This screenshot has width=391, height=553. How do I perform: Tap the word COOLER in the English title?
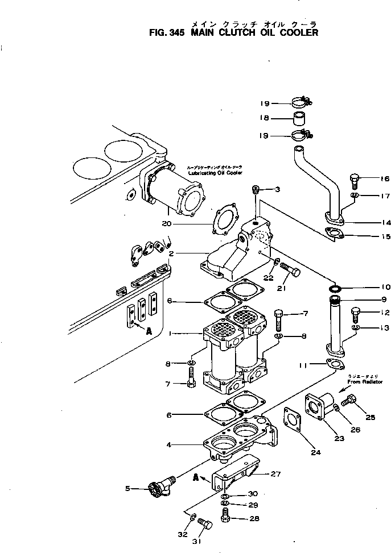pos(296,32)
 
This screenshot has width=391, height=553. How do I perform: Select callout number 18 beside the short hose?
pos(265,119)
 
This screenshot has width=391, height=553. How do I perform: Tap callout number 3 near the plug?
pos(277,189)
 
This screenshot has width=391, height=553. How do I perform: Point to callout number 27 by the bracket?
pos(275,473)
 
